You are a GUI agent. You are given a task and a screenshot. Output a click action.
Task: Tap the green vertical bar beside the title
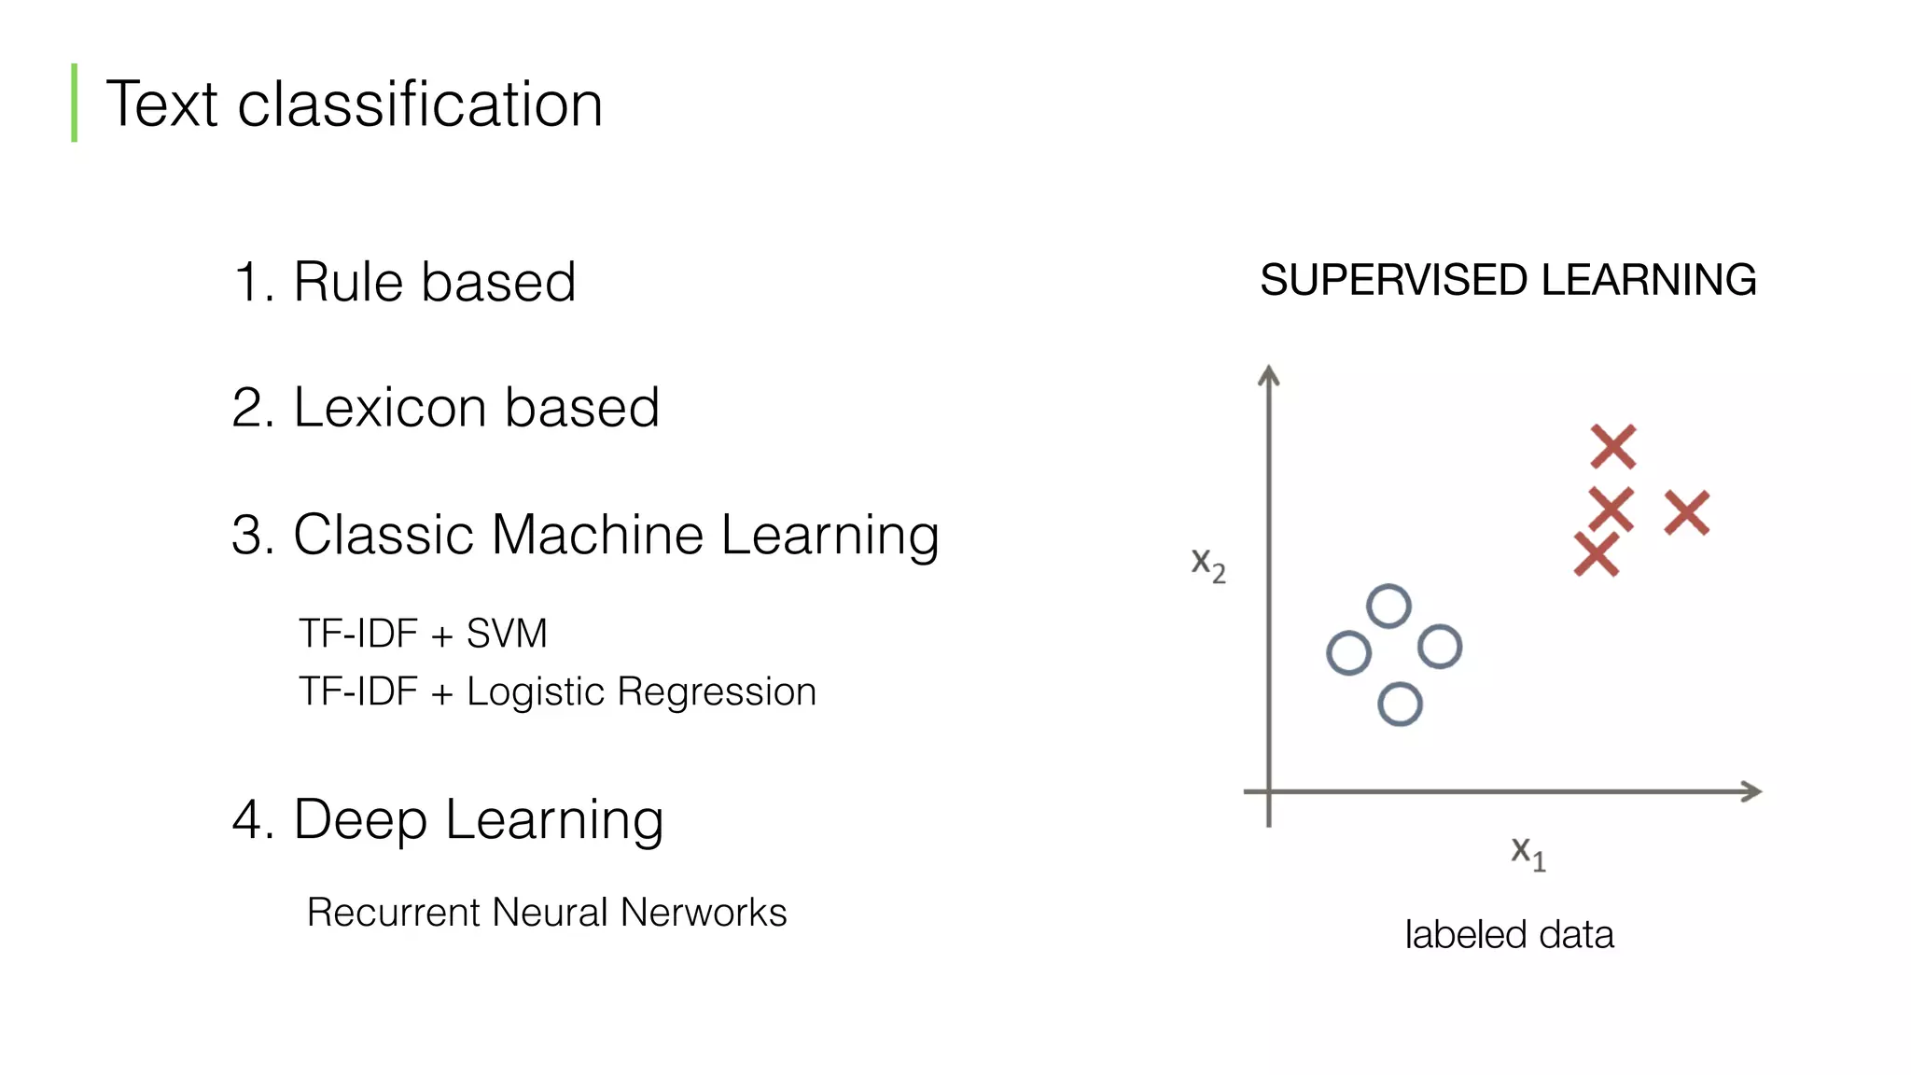75,103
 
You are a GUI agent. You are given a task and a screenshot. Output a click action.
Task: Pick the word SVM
507,634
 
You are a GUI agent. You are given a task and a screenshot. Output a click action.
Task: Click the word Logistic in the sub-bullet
536,692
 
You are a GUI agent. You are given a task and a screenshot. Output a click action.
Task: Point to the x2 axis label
1208,564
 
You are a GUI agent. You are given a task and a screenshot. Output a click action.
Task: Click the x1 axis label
1528,852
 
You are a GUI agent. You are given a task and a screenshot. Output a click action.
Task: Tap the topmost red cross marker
1613,447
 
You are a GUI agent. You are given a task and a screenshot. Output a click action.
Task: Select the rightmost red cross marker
1687,513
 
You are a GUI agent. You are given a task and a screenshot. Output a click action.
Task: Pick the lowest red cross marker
1597,554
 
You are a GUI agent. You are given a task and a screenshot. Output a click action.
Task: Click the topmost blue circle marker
1388,607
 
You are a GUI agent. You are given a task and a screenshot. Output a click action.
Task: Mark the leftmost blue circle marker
1348,653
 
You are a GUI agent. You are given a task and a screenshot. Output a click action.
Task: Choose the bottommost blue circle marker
1400,705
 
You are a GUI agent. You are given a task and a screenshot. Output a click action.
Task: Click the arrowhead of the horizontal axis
1751,791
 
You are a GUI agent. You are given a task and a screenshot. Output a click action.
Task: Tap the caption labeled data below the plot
1509,935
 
